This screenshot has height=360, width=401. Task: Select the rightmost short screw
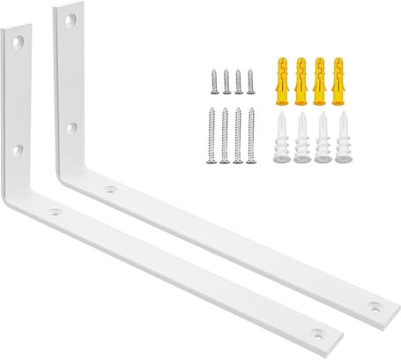[x=250, y=82]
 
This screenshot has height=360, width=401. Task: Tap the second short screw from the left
[x=226, y=82]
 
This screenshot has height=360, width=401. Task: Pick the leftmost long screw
[x=212, y=135]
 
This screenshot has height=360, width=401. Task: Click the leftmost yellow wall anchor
[x=282, y=78]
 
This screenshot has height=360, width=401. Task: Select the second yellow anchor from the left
[x=301, y=78]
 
